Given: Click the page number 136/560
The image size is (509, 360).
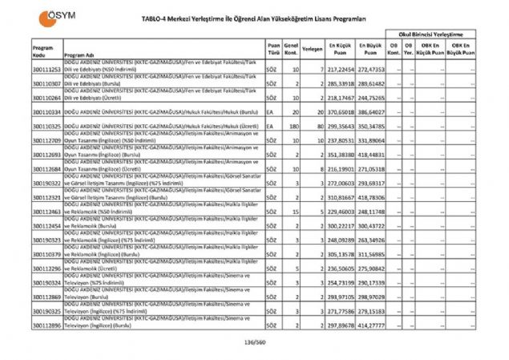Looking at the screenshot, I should [x=254, y=343].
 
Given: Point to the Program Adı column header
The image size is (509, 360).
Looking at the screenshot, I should [x=80, y=55].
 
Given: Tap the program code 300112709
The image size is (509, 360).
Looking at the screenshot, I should [x=47, y=140].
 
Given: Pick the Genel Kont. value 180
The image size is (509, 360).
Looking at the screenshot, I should [x=294, y=126].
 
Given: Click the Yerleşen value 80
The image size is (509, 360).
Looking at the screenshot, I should [x=318, y=126].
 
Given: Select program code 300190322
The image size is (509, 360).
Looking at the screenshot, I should [x=47, y=183].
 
